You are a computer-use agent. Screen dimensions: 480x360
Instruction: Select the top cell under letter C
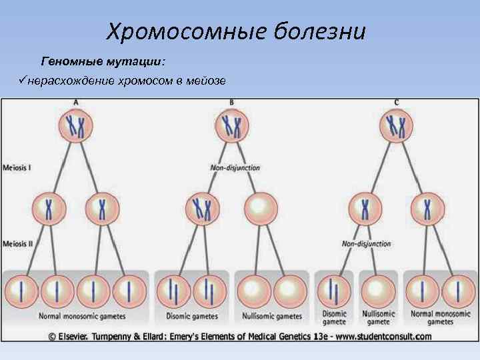click(x=397, y=126)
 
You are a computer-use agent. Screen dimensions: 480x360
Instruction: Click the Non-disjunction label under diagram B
click(x=235, y=168)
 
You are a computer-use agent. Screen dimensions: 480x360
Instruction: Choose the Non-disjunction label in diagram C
click(x=367, y=244)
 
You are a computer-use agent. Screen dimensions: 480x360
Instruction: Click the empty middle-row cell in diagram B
click(x=259, y=209)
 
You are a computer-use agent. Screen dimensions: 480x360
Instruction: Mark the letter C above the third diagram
click(x=397, y=101)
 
